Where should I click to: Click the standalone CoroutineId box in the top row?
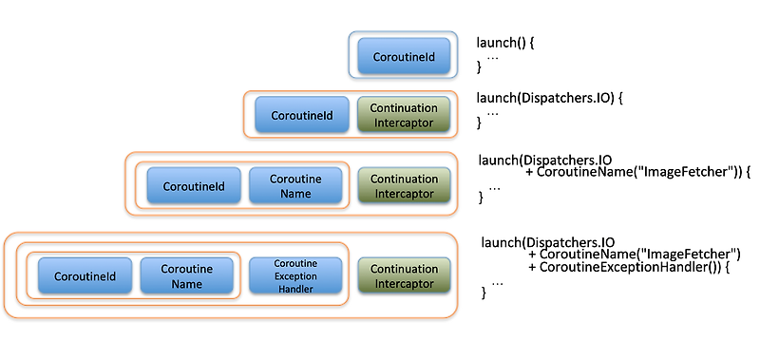pyautogui.click(x=404, y=56)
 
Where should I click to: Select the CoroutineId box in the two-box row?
pyautogui.click(x=302, y=115)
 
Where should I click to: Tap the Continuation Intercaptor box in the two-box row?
pyautogui.click(x=404, y=115)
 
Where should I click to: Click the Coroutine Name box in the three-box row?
pyautogui.click(x=295, y=186)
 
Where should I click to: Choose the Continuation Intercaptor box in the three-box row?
pyautogui.click(x=404, y=186)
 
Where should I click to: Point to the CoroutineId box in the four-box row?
pyautogui.click(x=85, y=276)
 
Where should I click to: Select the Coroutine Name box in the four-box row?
pyautogui.click(x=186, y=276)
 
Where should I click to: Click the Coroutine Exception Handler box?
pyautogui.click(x=295, y=276)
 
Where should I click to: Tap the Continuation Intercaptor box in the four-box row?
pyautogui.click(x=404, y=276)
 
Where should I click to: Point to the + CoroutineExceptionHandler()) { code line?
pyautogui.click(x=627, y=269)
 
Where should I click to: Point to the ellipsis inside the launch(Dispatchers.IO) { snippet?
pyautogui.click(x=492, y=112)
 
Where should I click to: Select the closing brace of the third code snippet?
pyautogui.click(x=482, y=199)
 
